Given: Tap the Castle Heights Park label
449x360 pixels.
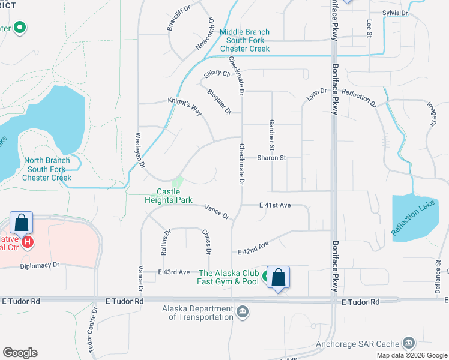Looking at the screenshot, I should pos(169,196).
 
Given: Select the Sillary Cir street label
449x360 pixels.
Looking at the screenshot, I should pos(217,74).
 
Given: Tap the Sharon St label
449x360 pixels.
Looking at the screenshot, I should pos(271,158).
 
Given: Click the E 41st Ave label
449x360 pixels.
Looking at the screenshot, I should pos(275,205).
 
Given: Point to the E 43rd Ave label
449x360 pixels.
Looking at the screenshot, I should pos(173,272).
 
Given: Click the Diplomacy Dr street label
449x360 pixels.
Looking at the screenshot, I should pos(40,265).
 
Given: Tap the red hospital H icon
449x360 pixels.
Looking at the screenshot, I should pos(27,242).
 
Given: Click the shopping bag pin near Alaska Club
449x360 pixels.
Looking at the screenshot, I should pos(278,278).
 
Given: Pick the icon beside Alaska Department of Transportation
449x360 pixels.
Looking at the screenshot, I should pos(243,311).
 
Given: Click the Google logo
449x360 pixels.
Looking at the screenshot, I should pos(20,353).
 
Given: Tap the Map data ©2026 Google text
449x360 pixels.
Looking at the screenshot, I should pos(411,355).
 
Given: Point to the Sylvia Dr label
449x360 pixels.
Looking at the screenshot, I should pos(395,13).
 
